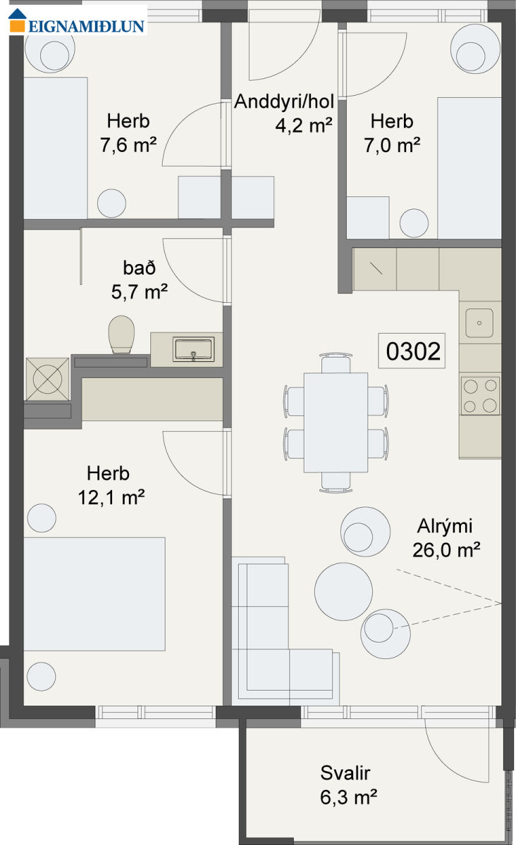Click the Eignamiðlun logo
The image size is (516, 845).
[x=77, y=20]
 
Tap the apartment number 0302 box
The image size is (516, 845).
[x=412, y=351]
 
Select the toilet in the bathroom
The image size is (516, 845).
[x=122, y=335]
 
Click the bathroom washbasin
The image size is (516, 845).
[x=193, y=349]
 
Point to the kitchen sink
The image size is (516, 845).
[x=479, y=323]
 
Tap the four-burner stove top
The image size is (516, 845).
[x=480, y=396]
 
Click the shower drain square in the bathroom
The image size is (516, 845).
[x=48, y=379]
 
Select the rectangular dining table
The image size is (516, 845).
[x=336, y=423]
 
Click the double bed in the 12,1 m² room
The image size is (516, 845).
[x=94, y=594]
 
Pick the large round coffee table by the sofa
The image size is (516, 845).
[x=343, y=591]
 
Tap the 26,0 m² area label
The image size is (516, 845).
[x=446, y=551]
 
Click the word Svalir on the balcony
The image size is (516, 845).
[x=345, y=773]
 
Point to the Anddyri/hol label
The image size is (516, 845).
[x=284, y=101]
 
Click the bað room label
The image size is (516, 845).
[x=139, y=268]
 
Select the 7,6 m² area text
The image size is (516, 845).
[x=128, y=145]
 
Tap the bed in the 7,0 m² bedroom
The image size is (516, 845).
[x=469, y=168]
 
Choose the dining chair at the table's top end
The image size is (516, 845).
[x=336, y=363]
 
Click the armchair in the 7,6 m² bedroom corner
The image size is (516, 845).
[x=50, y=49]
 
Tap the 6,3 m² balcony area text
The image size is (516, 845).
[x=348, y=797]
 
